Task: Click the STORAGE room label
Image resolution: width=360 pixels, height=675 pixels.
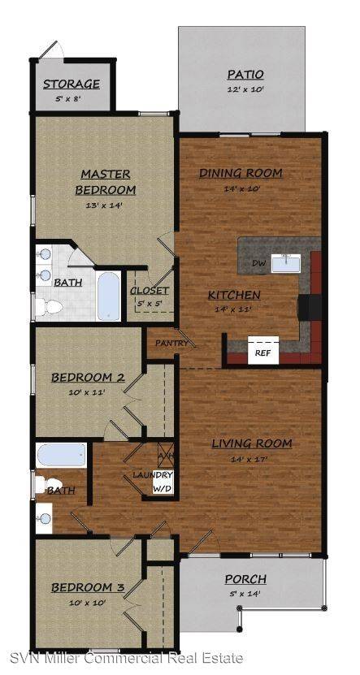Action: click(x=72, y=84)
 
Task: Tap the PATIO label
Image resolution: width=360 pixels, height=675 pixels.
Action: click(x=245, y=74)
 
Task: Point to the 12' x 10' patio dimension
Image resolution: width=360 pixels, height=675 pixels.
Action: click(x=245, y=90)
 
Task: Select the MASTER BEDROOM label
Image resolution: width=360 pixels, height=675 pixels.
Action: click(x=106, y=182)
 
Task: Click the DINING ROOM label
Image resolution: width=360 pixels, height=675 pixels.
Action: click(x=241, y=173)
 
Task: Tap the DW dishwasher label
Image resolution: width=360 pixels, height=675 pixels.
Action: click(x=258, y=262)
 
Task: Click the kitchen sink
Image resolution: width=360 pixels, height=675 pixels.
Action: click(x=286, y=263)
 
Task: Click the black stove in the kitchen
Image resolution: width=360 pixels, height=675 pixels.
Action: click(x=309, y=307)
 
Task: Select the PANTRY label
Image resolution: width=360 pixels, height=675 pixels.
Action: click(x=171, y=343)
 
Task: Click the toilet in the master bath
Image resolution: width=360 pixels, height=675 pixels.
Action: click(x=49, y=306)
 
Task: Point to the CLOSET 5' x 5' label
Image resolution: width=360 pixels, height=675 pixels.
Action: click(x=150, y=296)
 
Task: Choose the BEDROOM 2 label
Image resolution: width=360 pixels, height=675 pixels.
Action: click(x=89, y=378)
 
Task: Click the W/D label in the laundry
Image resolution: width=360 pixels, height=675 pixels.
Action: click(x=163, y=490)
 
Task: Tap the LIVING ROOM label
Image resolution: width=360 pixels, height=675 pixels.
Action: click(x=252, y=443)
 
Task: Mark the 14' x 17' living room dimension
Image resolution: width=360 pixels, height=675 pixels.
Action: click(x=252, y=459)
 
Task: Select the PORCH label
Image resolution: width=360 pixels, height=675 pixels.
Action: click(x=245, y=579)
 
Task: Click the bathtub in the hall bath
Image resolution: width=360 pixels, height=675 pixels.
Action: click(x=61, y=455)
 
